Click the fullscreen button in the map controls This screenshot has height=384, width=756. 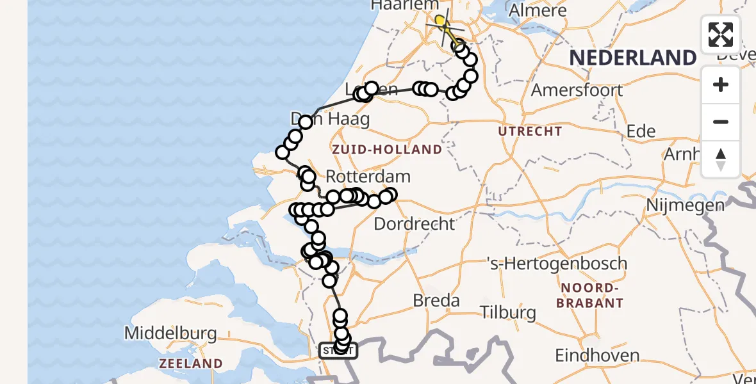pos(721,35)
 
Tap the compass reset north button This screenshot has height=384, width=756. pos(721,159)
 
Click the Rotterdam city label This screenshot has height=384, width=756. pos(368,176)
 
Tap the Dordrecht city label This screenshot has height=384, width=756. pos(414,224)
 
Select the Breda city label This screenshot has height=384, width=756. pos(436,300)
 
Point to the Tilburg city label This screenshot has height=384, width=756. pos(509,312)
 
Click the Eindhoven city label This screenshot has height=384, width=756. pos(597,355)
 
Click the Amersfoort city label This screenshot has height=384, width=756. pos(577,90)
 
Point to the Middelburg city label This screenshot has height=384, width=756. pos(170,333)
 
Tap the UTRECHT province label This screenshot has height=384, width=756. pos(530,131)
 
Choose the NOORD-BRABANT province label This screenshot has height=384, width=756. pos(590,295)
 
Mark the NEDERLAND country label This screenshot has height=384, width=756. pos(632,58)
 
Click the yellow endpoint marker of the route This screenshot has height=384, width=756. pos(440,20)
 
